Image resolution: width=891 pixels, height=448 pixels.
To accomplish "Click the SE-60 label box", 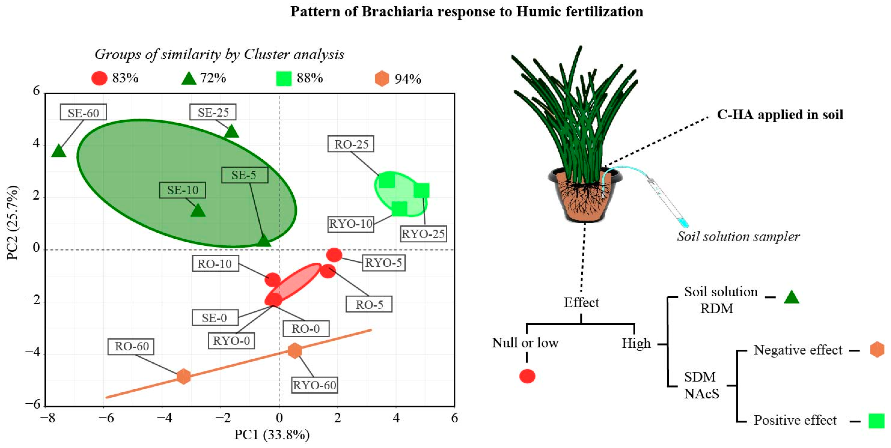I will coord(83,112).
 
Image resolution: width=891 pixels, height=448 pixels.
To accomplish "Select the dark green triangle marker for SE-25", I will coord(231,132).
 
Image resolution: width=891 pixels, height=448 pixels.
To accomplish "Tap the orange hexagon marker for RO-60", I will coord(183,376).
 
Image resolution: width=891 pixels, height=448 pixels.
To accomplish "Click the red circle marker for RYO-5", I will coord(334,255).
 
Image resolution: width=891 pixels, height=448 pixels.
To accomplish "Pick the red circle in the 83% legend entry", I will coord(99,78).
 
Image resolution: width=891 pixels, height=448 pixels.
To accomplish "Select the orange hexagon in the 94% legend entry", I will coord(382,78).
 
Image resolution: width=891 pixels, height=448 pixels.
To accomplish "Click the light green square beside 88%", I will coord(284,78).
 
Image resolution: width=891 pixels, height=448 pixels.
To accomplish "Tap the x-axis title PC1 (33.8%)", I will coord(272,435).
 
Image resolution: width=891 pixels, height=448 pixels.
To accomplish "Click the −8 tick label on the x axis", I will coord(47,418).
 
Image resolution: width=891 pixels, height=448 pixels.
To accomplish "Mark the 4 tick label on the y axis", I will coord(36,143).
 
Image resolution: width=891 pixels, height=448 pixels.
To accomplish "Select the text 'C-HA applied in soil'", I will coord(780,114).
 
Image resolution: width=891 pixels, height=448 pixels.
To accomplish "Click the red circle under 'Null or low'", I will coord(527,376).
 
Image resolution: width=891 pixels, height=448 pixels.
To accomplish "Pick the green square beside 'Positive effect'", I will coord(877,421).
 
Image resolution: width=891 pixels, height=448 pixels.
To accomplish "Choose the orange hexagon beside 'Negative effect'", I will coord(877,350).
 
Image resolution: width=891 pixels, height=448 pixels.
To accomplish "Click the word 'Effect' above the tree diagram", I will coord(581,302).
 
